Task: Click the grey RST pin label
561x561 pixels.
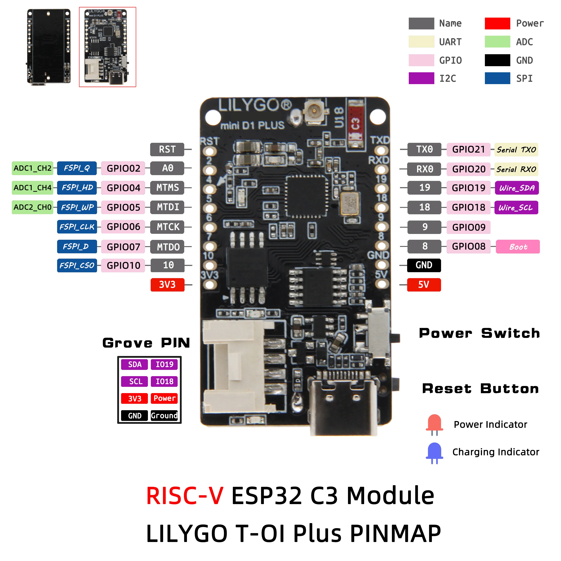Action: click(x=167, y=150)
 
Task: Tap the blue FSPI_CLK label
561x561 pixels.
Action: click(x=77, y=227)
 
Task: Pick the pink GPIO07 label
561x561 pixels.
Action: click(x=123, y=247)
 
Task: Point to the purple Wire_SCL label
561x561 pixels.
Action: click(x=516, y=208)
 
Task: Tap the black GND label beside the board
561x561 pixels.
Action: click(x=424, y=265)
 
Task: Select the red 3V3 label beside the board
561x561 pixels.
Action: click(x=167, y=284)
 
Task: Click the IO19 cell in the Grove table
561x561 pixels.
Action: click(x=164, y=364)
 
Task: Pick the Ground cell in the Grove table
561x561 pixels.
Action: click(x=164, y=415)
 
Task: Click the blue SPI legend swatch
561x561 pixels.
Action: click(x=497, y=78)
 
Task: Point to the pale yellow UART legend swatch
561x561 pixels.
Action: click(x=421, y=42)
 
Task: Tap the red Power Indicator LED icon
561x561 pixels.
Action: click(x=434, y=425)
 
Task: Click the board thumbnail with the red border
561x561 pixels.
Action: click(x=107, y=47)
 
